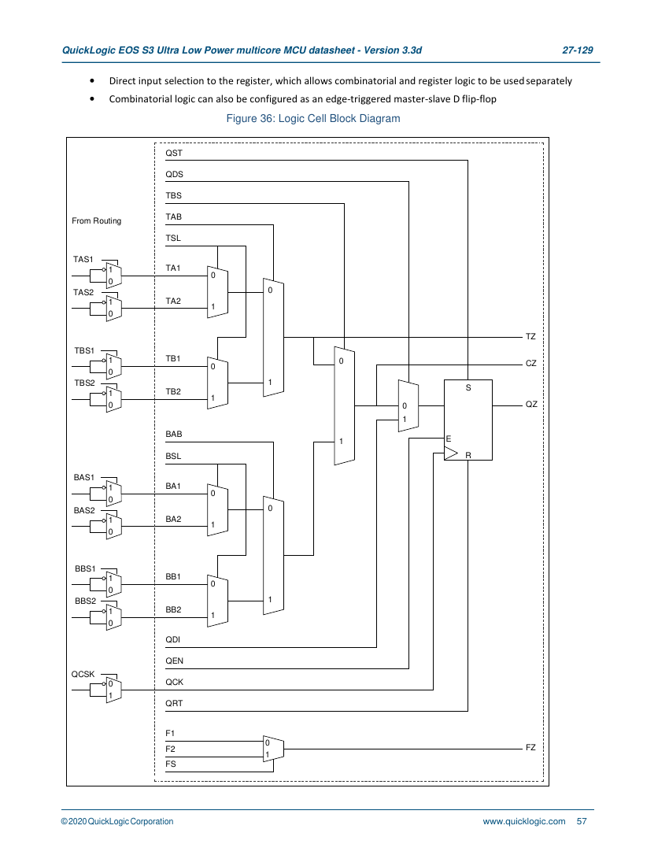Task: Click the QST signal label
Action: pos(174,153)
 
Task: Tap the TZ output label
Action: pos(530,336)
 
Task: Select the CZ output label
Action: pos(531,364)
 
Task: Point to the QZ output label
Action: pos(531,405)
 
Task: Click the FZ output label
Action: pos(530,747)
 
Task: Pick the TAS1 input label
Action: pos(83,259)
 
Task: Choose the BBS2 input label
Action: pos(85,601)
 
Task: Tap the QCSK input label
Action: pos(83,675)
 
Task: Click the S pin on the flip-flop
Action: pos(468,387)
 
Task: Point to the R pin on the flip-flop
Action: pos(468,456)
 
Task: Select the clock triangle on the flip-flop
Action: pos(451,453)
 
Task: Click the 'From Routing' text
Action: pos(97,221)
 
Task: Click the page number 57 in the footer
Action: pos(582,821)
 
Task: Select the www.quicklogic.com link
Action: pos(524,821)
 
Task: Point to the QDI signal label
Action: pos(173,639)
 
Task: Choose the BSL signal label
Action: pos(173,456)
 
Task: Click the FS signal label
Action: pos(171,764)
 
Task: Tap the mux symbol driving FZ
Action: pos(273,749)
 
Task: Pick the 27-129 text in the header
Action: pos(578,50)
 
